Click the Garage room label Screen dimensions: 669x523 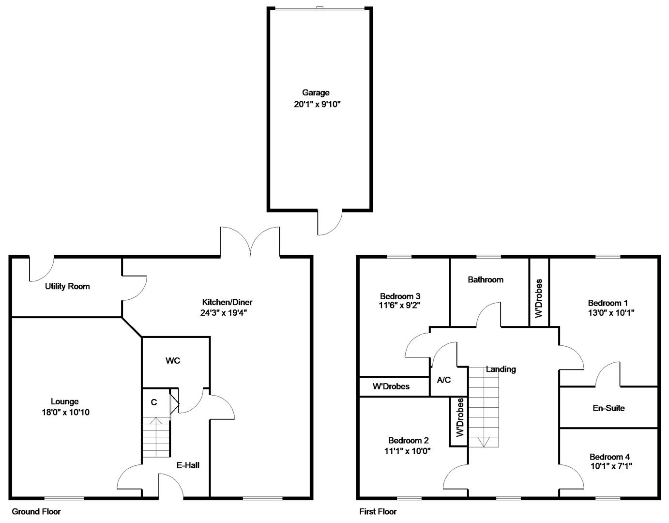coord(316,92)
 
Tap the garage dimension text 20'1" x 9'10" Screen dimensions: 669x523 coord(317,104)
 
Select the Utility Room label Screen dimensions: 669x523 coord(67,286)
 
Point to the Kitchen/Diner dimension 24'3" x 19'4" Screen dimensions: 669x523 coord(224,313)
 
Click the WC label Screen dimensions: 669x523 coord(173,360)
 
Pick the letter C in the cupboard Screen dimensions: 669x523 coord(154,402)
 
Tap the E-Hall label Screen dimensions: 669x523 coord(188,465)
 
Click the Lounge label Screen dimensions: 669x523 coord(65,401)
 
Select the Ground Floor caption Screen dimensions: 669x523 coord(36,511)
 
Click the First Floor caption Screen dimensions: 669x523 coord(378,511)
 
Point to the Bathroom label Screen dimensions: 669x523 coord(486,279)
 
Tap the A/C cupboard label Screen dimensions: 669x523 coord(443,380)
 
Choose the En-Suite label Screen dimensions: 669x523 coord(608,408)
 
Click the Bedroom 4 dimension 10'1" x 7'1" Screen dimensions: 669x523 coord(611,466)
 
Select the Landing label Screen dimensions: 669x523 coord(501,369)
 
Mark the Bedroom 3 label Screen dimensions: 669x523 coord(400,296)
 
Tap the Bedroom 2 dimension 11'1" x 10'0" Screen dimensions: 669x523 coord(407,451)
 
